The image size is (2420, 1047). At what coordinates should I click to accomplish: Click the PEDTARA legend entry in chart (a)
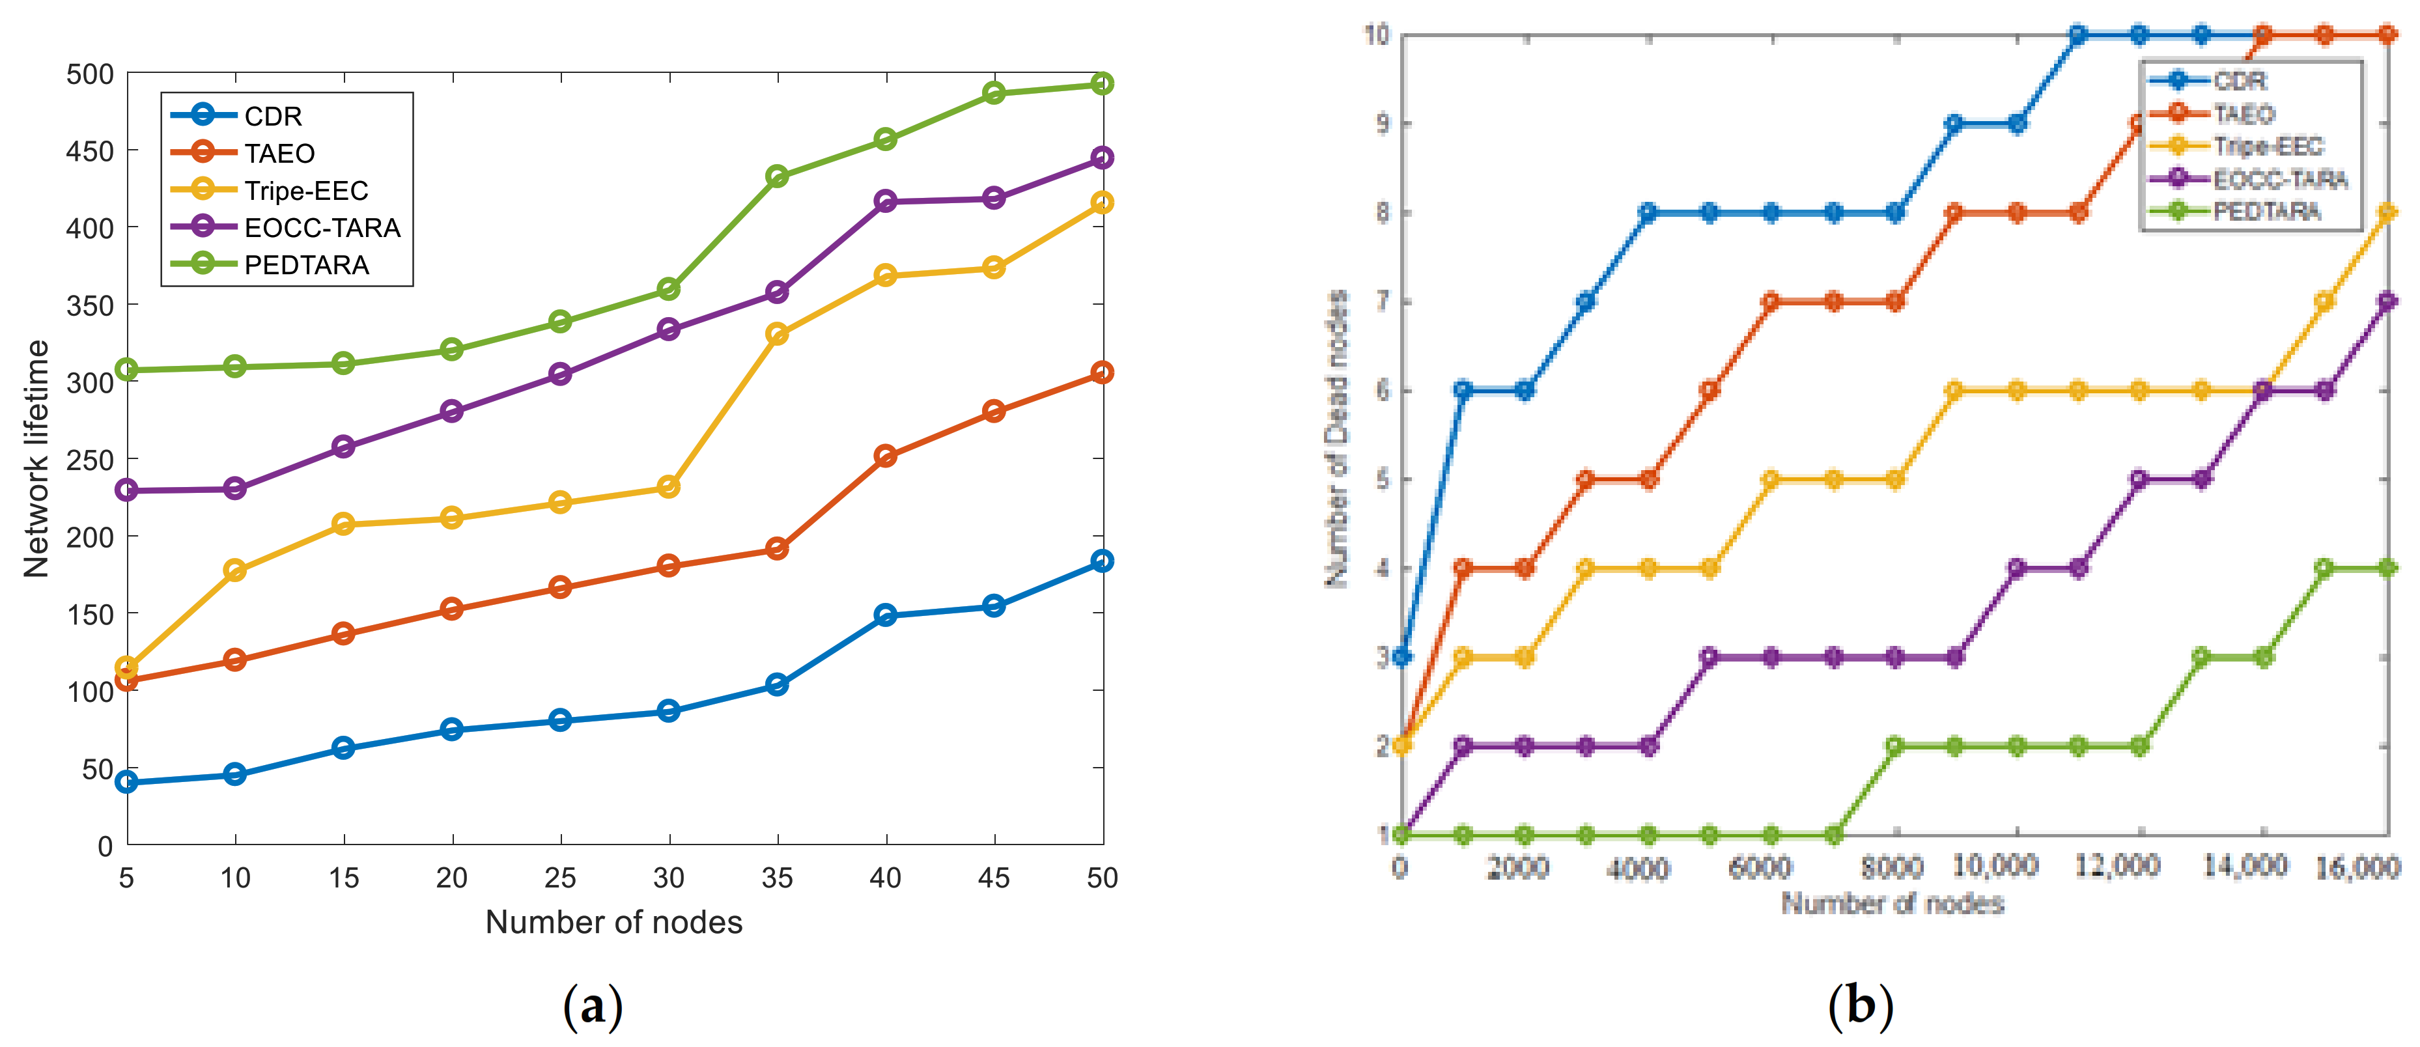[306, 265]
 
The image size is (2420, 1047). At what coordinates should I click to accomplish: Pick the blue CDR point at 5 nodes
[127, 781]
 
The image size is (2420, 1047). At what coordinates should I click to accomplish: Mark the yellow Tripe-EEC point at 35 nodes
[777, 334]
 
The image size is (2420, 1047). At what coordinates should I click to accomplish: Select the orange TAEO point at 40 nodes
[885, 456]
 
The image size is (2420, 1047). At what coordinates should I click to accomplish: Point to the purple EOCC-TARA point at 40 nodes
[885, 201]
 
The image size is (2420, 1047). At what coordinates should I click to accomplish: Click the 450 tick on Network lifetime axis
[89, 151]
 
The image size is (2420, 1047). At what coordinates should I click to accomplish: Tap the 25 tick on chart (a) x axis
[560, 878]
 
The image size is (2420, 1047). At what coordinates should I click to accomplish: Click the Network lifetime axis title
[36, 458]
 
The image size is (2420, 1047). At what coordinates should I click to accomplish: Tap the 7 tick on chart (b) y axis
[1381, 302]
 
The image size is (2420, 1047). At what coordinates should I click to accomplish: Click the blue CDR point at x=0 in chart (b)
[1401, 656]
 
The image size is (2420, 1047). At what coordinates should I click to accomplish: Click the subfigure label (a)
[592, 1007]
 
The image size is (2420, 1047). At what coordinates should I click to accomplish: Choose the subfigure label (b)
[1860, 1007]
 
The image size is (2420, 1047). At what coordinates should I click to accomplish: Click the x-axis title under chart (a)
[613, 922]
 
